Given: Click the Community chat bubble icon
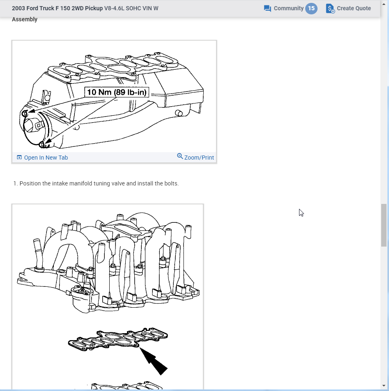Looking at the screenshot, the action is click(x=267, y=9).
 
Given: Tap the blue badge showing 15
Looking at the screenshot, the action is click(x=311, y=8).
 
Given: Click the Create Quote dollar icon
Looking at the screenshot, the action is click(x=330, y=9).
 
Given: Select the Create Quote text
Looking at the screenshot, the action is click(x=354, y=8).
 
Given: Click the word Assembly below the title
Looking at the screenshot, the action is click(x=25, y=19).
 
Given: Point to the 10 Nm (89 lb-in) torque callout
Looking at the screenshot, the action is click(x=117, y=92).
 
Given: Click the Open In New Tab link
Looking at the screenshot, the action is click(x=46, y=158).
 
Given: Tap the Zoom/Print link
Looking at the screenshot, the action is click(x=199, y=158).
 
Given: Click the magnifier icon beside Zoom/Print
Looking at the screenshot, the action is click(x=180, y=156).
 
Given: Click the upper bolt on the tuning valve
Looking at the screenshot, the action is click(x=25, y=114).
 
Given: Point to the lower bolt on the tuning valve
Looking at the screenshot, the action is click(x=42, y=144).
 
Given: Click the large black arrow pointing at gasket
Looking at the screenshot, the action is click(x=153, y=361).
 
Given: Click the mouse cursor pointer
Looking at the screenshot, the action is click(x=301, y=213).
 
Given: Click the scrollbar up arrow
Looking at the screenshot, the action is click(x=384, y=4).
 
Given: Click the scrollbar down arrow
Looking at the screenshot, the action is click(x=384, y=386).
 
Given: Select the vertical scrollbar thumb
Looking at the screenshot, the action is click(x=384, y=225).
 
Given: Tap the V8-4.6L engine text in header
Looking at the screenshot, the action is click(x=114, y=8).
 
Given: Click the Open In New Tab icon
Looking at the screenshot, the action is click(x=19, y=158).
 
